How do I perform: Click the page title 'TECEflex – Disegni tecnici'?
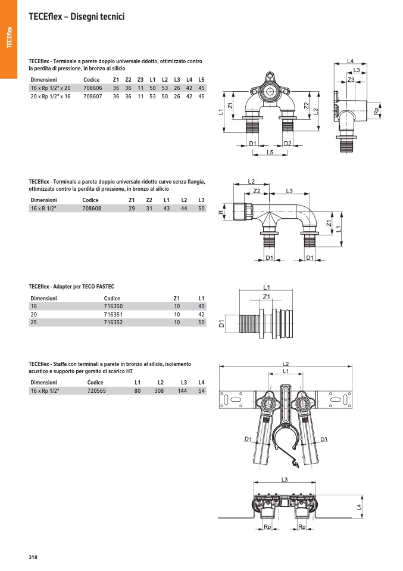point(76,17)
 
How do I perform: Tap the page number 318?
point(33,557)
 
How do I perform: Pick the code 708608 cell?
point(92,209)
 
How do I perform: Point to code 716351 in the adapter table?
point(113,314)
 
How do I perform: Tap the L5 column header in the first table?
point(201,79)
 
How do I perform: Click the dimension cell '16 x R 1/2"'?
point(43,209)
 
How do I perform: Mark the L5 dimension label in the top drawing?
point(270,153)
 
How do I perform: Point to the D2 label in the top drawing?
point(288,144)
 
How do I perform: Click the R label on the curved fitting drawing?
point(221,212)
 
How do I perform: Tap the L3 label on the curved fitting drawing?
point(289,191)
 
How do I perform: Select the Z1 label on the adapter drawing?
point(267,297)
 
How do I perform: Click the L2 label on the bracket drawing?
point(285,364)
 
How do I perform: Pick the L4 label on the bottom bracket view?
point(358,507)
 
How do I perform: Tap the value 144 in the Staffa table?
point(184,390)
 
